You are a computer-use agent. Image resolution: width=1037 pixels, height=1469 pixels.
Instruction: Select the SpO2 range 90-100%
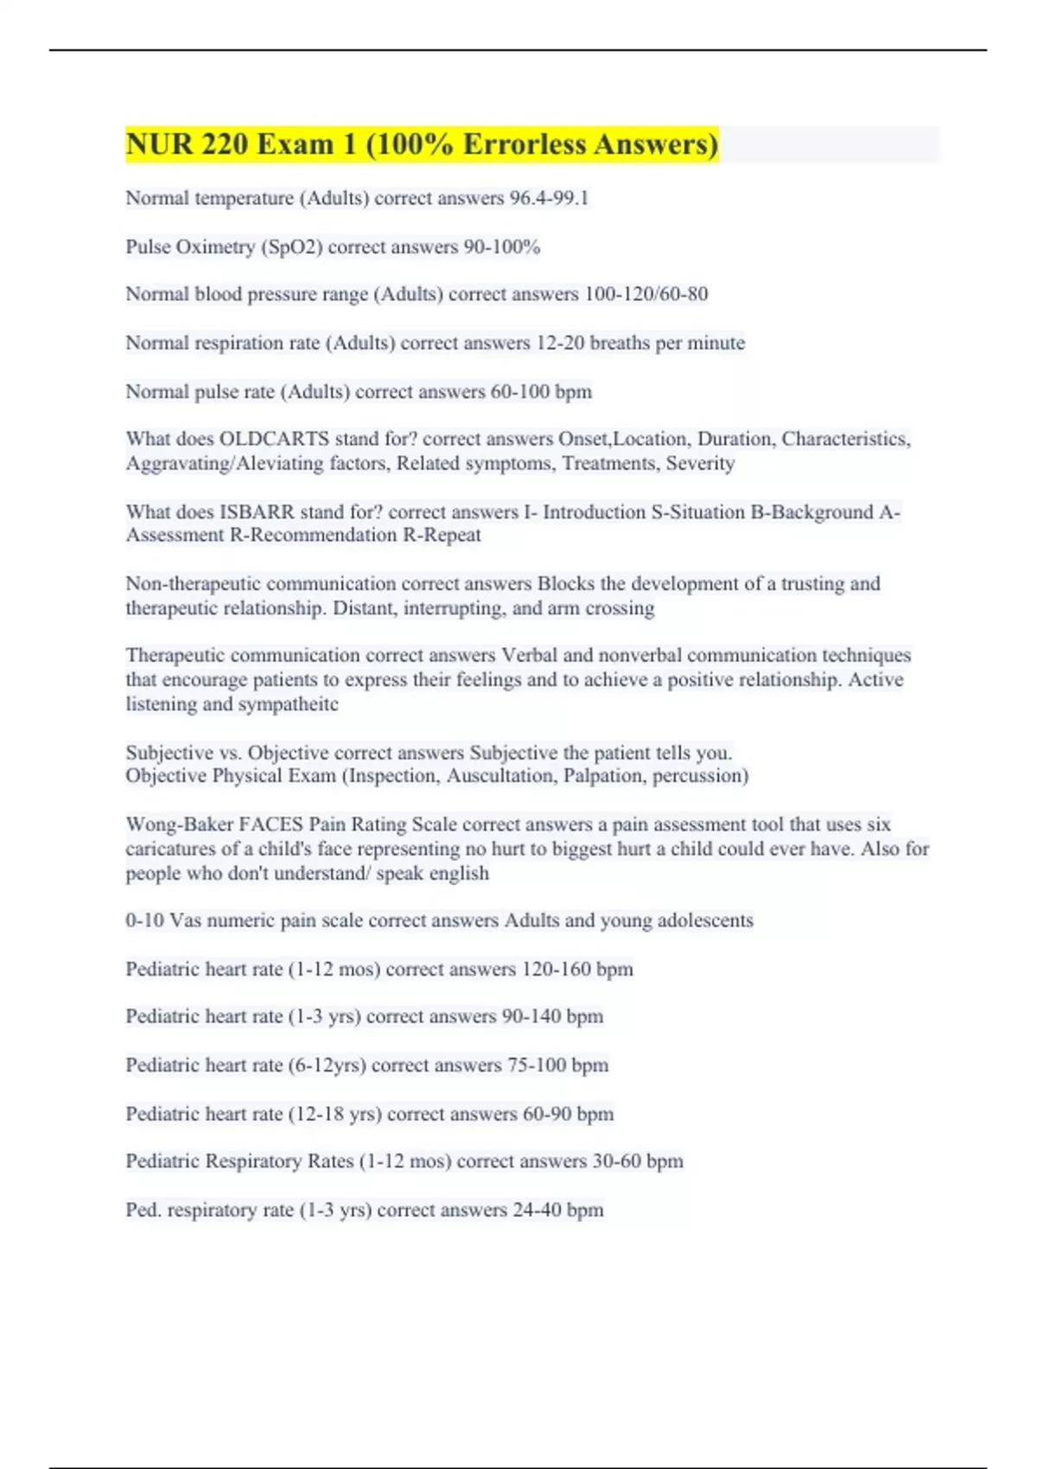[502, 247]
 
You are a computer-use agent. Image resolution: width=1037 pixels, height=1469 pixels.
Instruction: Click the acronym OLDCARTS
[275, 439]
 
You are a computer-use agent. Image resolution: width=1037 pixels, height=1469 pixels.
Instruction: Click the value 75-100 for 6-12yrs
[536, 1065]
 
